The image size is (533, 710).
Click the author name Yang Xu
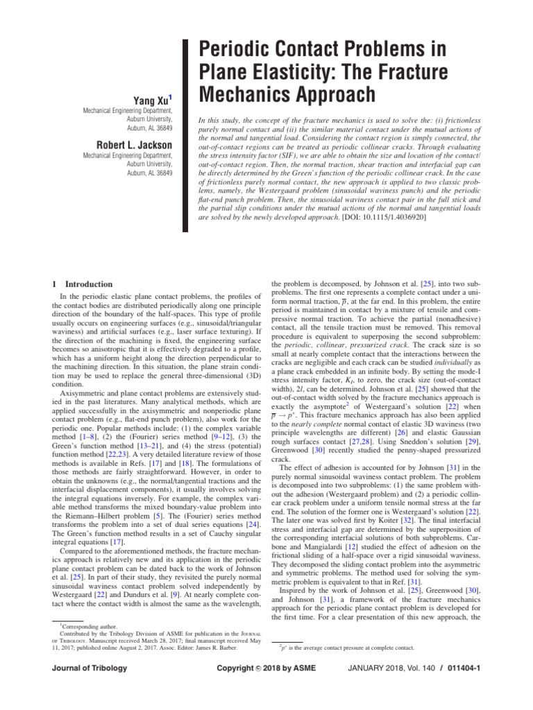pos(152,101)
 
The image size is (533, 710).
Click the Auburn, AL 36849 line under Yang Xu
pos(150,128)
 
